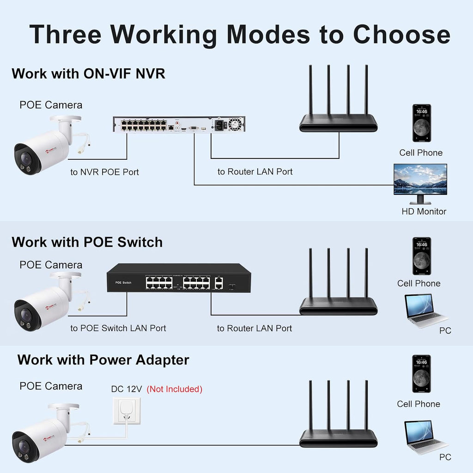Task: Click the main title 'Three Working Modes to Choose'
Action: (240, 34)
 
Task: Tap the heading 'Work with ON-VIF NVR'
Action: (88, 73)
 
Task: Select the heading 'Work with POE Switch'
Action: (87, 242)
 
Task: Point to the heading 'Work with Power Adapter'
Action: (103, 360)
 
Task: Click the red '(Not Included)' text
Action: (174, 389)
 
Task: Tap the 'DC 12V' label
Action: (127, 389)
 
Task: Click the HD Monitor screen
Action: (420, 179)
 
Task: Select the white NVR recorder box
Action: (179, 124)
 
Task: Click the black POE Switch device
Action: (179, 278)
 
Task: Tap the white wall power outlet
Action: (127, 411)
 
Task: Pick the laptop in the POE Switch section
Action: (424, 310)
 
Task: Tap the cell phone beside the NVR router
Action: (422, 123)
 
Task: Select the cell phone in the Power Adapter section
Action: (421, 373)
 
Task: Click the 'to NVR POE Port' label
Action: (105, 172)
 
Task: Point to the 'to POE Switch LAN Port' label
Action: (118, 328)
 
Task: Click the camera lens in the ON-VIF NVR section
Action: (26, 158)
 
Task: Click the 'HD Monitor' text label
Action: (424, 212)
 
